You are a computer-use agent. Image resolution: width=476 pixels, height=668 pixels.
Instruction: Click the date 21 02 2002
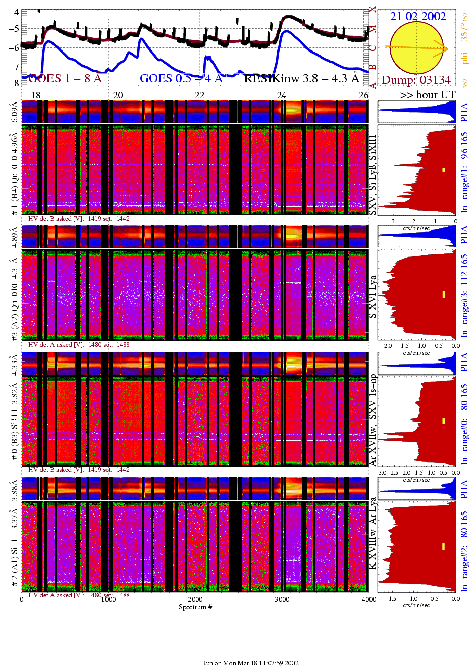[418, 16]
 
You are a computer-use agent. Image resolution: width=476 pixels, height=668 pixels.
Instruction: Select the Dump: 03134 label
[416, 80]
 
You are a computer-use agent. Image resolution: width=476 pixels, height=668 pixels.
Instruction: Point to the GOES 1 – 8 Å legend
[65, 78]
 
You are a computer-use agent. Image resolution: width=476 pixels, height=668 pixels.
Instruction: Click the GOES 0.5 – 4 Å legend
[181, 78]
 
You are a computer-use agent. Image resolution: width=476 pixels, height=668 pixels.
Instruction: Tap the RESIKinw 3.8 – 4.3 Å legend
[302, 78]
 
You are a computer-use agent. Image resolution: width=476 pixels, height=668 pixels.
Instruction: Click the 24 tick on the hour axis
[282, 95]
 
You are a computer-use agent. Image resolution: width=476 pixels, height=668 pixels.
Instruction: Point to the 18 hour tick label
[36, 95]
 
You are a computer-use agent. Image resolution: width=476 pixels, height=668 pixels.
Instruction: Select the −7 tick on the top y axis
[14, 67]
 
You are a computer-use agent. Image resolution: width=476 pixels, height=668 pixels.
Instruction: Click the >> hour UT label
[428, 95]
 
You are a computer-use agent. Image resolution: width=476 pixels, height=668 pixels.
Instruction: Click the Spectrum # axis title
[195, 607]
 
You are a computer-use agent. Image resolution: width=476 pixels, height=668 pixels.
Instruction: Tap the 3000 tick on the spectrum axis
[282, 599]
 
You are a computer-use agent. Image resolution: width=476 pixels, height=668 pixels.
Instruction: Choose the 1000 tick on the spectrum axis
[109, 599]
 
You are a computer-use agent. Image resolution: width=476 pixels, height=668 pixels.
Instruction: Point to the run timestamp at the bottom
[250, 663]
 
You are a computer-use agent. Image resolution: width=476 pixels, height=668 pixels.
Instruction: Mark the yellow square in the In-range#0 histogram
[444, 421]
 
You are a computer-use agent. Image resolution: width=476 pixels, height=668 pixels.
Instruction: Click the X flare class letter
[373, 9]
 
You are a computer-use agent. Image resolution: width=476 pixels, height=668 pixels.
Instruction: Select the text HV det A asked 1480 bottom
[79, 595]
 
